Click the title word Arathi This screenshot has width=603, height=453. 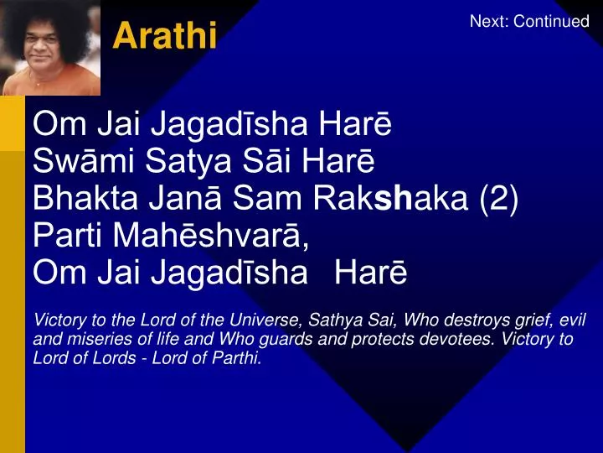(x=165, y=35)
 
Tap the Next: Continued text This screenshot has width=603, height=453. (x=529, y=21)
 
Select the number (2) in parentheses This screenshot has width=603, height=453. (x=499, y=200)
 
